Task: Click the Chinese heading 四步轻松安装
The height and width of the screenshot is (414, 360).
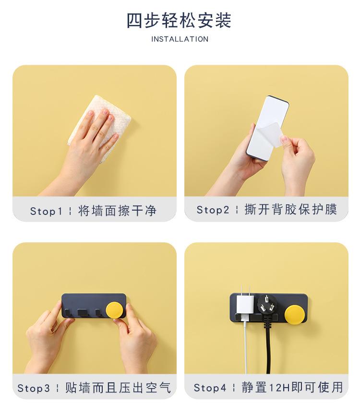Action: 179,20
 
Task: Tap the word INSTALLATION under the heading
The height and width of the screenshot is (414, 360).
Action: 180,39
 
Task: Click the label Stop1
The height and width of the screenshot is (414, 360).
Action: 46,211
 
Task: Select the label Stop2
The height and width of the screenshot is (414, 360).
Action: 213,210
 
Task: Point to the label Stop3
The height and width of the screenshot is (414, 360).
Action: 34,388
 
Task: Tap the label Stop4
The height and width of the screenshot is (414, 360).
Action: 210,388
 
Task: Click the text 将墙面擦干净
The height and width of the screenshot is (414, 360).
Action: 118,211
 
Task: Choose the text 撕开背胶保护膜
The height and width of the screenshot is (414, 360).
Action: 290,209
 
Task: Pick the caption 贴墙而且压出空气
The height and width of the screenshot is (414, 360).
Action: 118,388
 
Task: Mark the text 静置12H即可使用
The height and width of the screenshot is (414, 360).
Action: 292,387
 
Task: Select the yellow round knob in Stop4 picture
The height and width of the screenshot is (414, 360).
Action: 295,314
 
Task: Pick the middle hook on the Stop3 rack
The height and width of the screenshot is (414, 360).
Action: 82,312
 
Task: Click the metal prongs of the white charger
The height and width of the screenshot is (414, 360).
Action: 245,290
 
